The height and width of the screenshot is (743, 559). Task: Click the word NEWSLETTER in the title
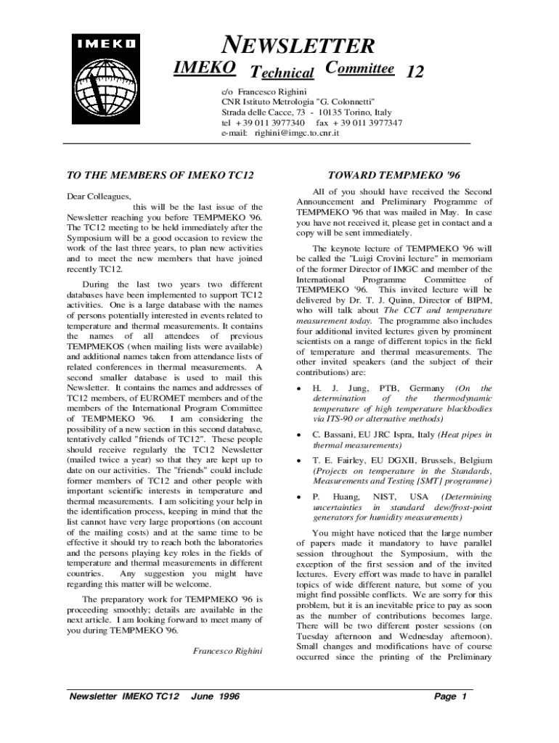[x=298, y=46]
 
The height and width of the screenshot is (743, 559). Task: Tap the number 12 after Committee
[x=415, y=72]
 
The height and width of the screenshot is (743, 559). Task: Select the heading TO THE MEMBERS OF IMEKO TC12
[x=160, y=176]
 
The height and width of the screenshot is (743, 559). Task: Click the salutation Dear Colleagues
[x=99, y=197]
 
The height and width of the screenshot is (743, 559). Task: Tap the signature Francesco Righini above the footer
[x=227, y=651]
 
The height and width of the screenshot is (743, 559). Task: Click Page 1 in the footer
[x=450, y=697]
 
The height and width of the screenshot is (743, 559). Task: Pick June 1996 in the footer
[x=215, y=697]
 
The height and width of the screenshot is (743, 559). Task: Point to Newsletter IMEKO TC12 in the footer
[x=123, y=697]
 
